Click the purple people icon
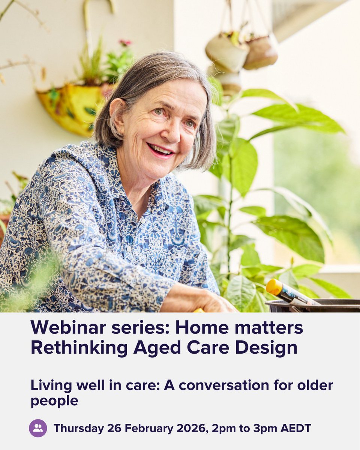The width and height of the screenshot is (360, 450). click(38, 428)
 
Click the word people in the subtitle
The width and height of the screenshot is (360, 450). click(54, 400)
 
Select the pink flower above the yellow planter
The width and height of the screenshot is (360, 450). click(125, 43)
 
